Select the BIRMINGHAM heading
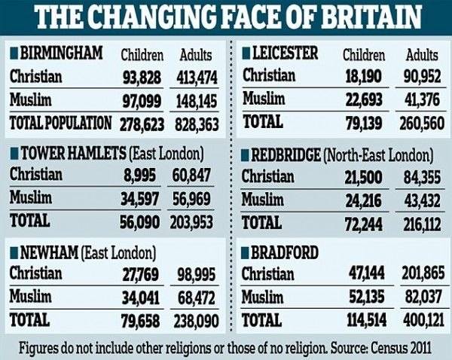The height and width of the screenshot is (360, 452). click(x=61, y=53)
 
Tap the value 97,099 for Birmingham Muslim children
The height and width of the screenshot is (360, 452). click(x=142, y=102)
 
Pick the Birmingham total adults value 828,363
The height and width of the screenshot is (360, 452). click(x=197, y=124)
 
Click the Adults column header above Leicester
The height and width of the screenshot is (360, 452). click(x=422, y=55)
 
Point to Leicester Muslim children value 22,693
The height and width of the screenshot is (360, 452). click(x=364, y=99)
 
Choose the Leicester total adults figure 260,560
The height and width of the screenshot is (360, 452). click(x=422, y=124)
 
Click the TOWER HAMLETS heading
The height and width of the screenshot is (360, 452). click(x=74, y=154)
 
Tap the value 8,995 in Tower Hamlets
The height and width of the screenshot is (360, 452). click(x=140, y=175)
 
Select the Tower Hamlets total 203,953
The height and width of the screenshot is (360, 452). click(x=191, y=222)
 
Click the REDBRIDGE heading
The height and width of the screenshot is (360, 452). click(x=286, y=156)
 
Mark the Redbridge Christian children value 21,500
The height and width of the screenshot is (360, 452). click(x=364, y=177)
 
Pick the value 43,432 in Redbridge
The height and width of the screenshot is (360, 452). click(x=422, y=201)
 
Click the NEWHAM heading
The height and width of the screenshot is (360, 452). click(x=49, y=253)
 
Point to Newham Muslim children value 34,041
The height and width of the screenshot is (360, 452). click(x=140, y=298)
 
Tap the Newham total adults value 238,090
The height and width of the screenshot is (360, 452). click(x=196, y=321)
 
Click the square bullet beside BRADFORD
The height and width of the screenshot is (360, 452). click(x=245, y=253)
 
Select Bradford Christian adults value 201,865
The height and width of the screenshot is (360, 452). click(x=423, y=273)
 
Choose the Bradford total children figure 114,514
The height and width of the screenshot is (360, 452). click(x=367, y=320)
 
